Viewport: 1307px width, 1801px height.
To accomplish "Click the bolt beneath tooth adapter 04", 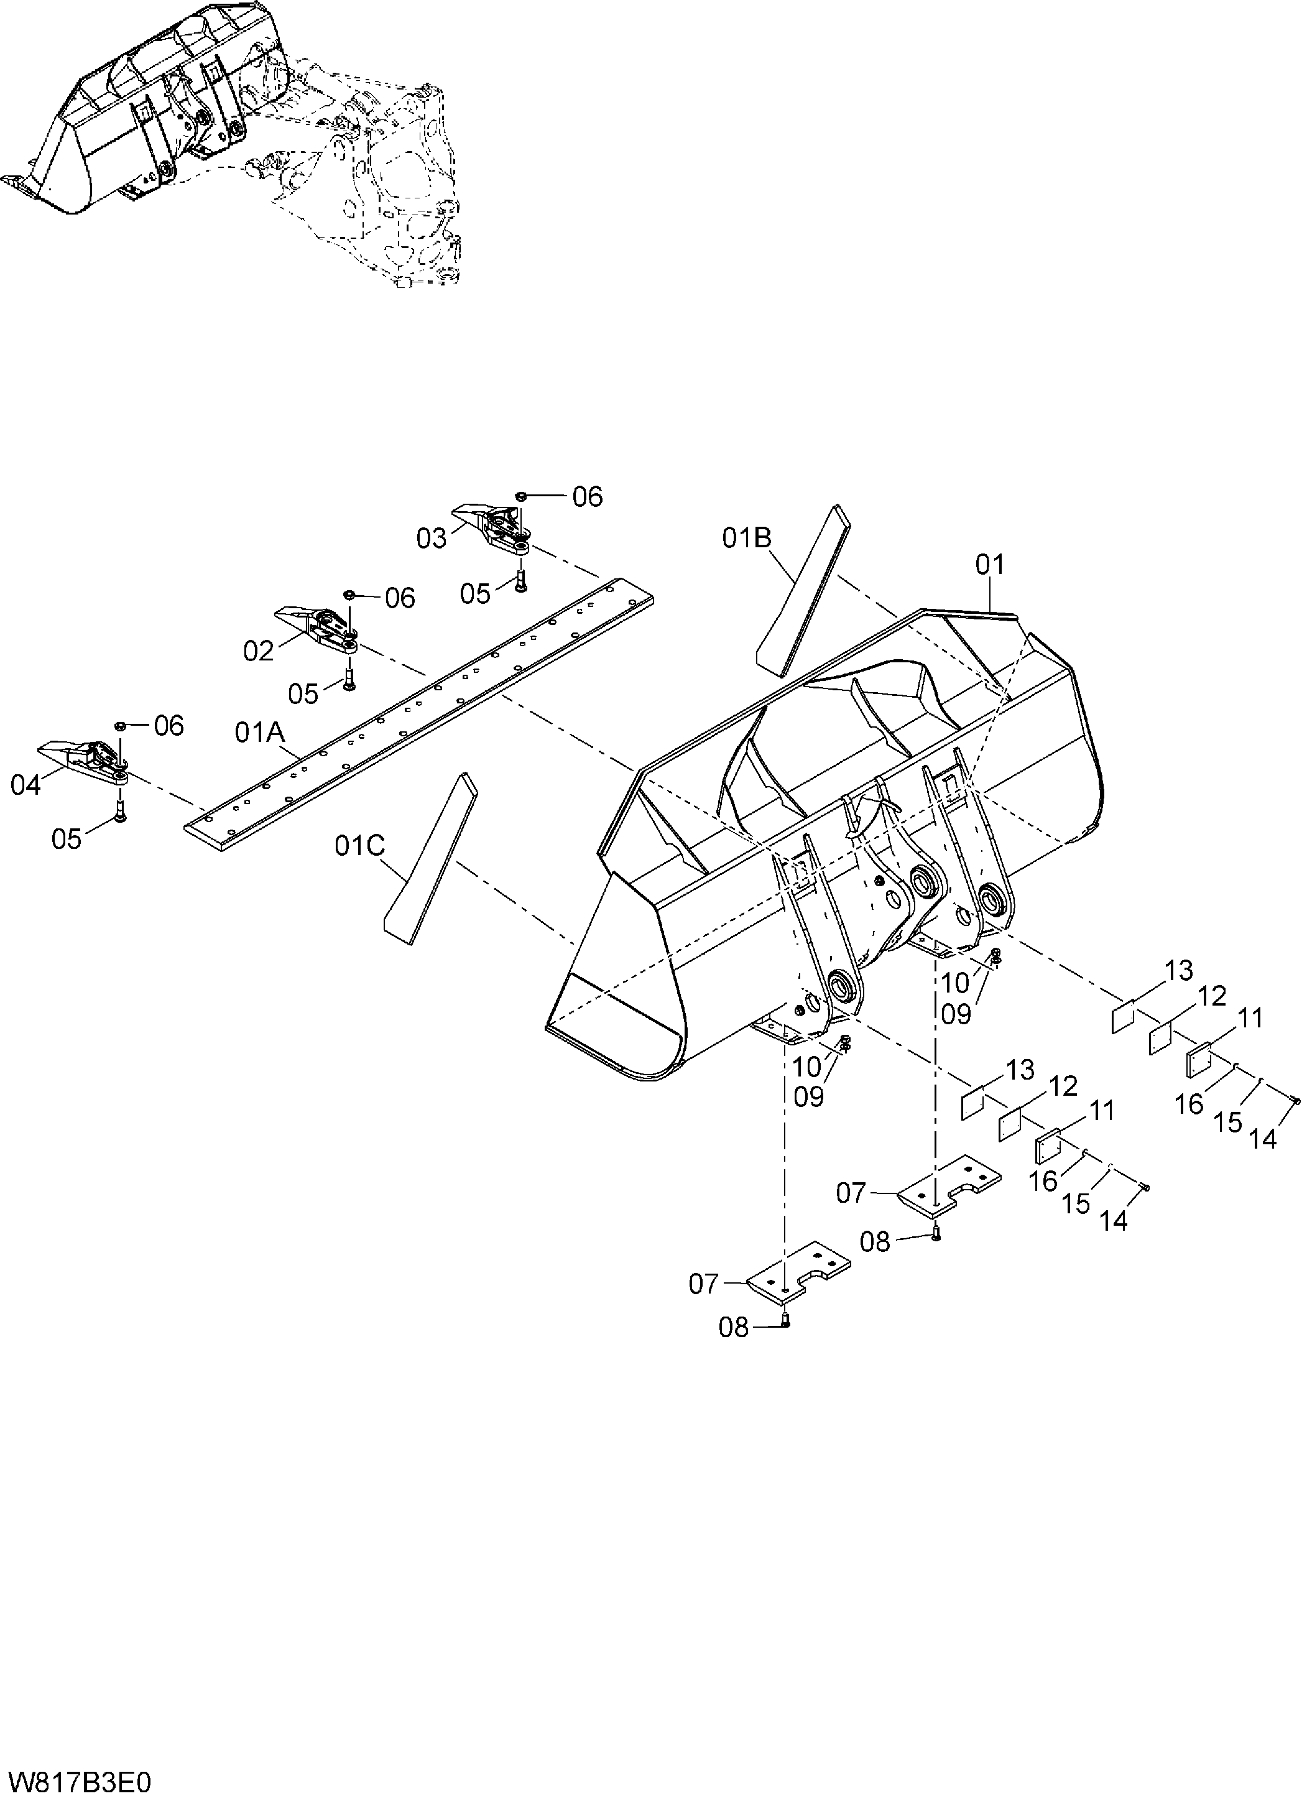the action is [x=120, y=810].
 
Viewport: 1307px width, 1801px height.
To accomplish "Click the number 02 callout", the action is [x=258, y=651].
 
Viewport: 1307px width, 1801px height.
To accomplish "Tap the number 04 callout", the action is [x=25, y=785].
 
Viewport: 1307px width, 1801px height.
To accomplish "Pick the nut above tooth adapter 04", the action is [x=120, y=725].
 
